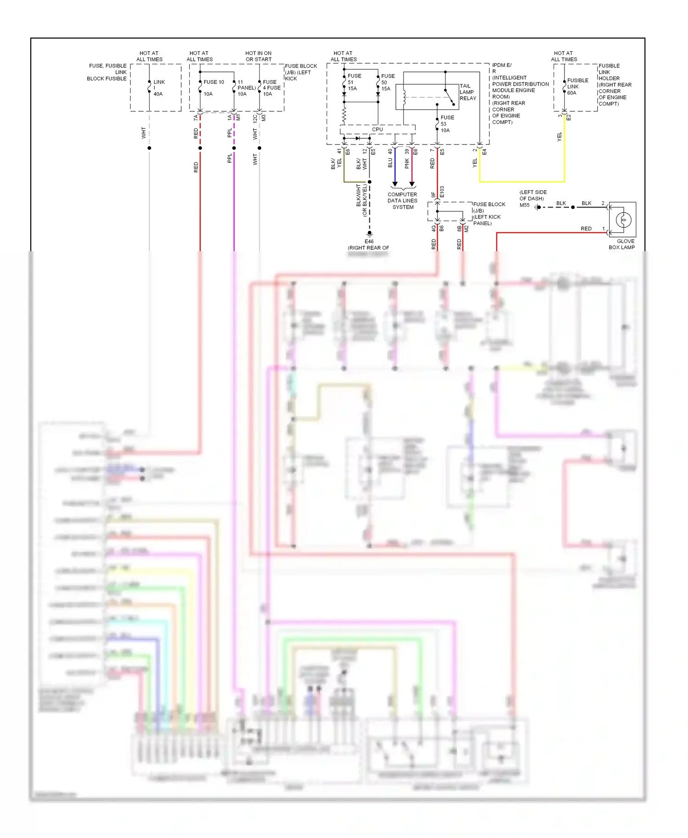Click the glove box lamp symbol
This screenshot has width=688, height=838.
623,220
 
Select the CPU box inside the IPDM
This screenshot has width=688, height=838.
377,129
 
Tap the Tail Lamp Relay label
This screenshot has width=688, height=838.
467,92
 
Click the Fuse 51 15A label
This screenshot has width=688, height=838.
354,83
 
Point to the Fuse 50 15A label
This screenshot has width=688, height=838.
387,83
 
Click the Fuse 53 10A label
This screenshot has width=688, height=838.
447,124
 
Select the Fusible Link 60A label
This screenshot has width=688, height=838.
577,86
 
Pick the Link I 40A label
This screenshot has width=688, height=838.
158,88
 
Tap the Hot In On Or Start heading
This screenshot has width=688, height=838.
258,56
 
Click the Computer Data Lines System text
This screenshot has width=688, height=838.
402,201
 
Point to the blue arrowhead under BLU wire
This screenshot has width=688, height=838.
394,184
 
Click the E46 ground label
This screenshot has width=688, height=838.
369,242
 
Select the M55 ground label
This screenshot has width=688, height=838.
524,205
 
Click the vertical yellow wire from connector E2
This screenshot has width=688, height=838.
564,151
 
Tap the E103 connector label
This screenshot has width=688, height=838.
442,192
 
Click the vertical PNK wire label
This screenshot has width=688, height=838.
407,164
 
